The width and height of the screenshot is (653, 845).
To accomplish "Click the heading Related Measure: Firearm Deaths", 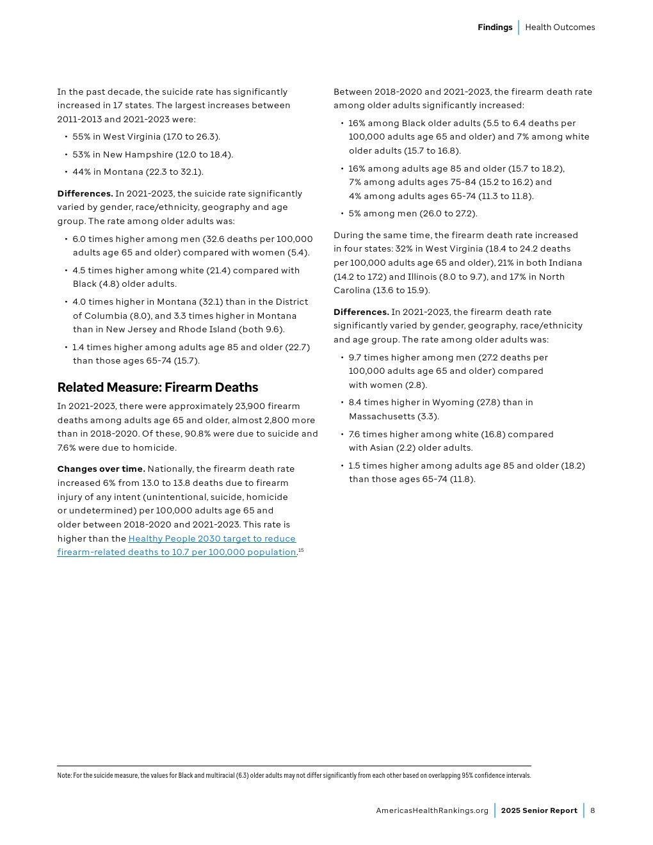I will click(x=157, y=387).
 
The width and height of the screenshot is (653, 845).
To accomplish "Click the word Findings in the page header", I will click(x=495, y=27).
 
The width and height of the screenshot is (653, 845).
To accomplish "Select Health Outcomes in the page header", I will click(x=560, y=27).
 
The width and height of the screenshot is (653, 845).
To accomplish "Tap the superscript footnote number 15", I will click(x=301, y=550).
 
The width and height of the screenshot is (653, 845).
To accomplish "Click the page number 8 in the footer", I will click(x=593, y=810).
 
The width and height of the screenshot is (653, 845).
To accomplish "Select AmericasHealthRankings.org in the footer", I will click(x=432, y=810).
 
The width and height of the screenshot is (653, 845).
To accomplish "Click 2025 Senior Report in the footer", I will click(x=539, y=810).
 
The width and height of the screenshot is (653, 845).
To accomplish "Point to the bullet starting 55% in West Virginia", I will click(x=146, y=136).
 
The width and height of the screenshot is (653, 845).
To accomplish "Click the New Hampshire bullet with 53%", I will click(x=152, y=154).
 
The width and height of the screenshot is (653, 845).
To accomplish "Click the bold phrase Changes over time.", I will click(x=101, y=469).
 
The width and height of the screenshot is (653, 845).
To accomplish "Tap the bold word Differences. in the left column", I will click(x=85, y=193).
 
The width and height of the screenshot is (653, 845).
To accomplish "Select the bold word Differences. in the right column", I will click(x=361, y=312).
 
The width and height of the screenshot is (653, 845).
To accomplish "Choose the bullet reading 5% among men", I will click(x=413, y=213).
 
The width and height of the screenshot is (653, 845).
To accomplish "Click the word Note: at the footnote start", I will click(x=64, y=775).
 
